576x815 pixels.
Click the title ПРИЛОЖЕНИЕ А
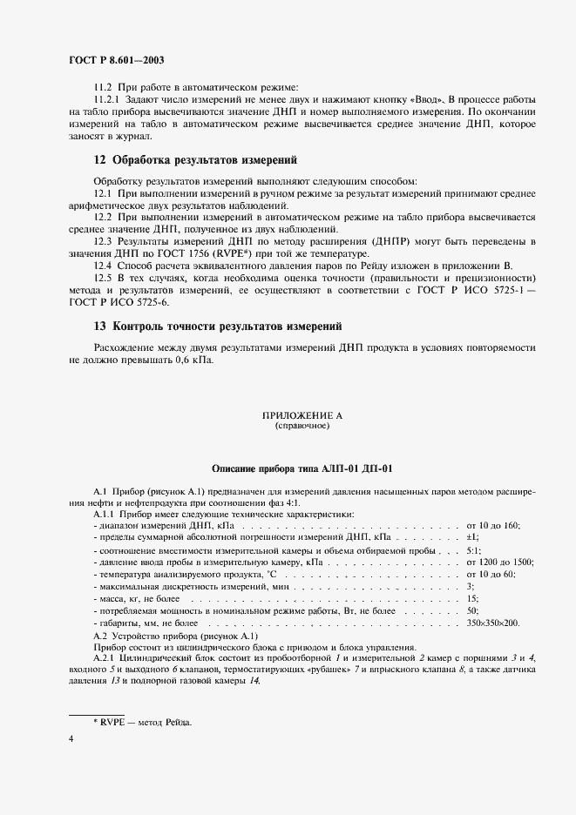(302, 417)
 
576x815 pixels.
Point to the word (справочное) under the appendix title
(302, 427)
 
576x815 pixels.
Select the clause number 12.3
(103, 239)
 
